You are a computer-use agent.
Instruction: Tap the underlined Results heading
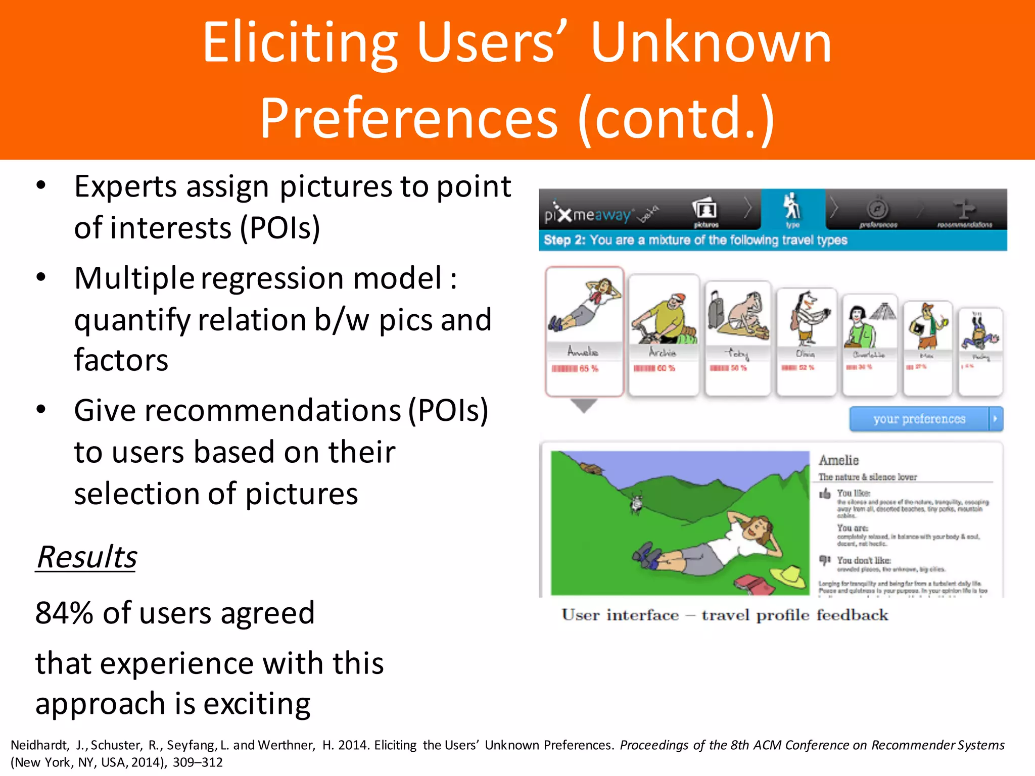click(86, 557)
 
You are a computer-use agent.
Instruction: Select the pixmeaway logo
click(589, 215)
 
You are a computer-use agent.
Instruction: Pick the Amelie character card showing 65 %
click(584, 331)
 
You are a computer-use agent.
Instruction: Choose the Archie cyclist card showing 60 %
click(664, 333)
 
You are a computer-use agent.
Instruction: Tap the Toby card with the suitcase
click(738, 336)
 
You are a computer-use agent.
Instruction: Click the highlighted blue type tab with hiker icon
click(792, 209)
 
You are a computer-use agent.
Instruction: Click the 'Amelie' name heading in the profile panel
click(838, 460)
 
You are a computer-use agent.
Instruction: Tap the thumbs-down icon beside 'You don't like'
click(825, 560)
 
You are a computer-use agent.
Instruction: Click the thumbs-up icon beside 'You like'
click(825, 493)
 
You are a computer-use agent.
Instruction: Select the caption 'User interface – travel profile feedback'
click(724, 615)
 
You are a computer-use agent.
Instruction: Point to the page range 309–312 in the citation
click(198, 762)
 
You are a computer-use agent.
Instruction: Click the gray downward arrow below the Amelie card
click(584, 405)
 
